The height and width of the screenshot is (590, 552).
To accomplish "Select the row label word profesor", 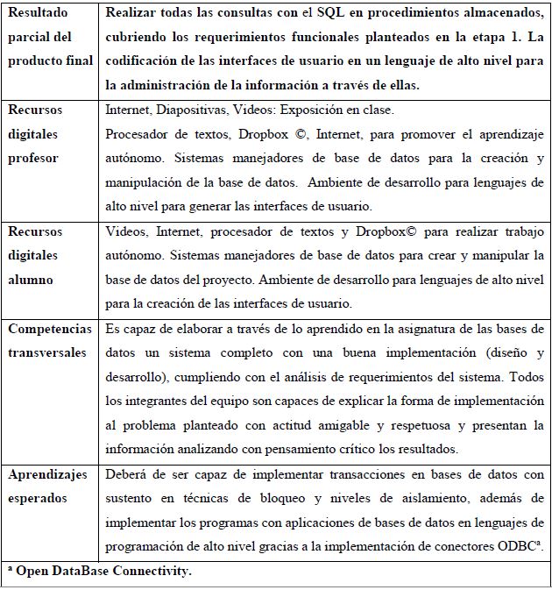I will pyautogui.click(x=34, y=157).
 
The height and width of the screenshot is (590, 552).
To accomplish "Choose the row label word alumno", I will pyautogui.click(x=32, y=280).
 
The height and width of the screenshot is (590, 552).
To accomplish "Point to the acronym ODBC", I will pyautogui.click(x=516, y=544).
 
